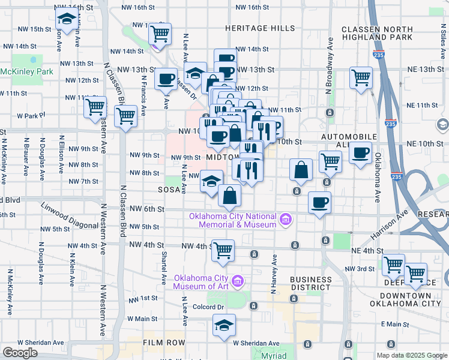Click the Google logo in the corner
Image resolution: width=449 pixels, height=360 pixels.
(x=20, y=353)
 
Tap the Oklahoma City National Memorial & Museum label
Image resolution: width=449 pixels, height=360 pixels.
(x=232, y=220)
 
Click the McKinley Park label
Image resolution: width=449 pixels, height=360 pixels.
(x=26, y=71)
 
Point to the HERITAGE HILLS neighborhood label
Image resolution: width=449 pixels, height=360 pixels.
(x=260, y=28)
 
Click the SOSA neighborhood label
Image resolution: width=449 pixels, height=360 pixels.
(x=169, y=188)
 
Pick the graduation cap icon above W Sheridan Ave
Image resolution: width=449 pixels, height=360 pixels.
(x=224, y=326)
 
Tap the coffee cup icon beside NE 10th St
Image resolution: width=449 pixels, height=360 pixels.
(x=361, y=153)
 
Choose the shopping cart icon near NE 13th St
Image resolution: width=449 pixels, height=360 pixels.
(x=361, y=77)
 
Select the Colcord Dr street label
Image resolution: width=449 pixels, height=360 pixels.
(x=209, y=307)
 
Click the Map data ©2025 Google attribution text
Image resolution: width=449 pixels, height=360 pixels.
(x=411, y=355)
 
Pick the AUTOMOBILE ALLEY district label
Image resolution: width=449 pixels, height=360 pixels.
(x=348, y=142)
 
